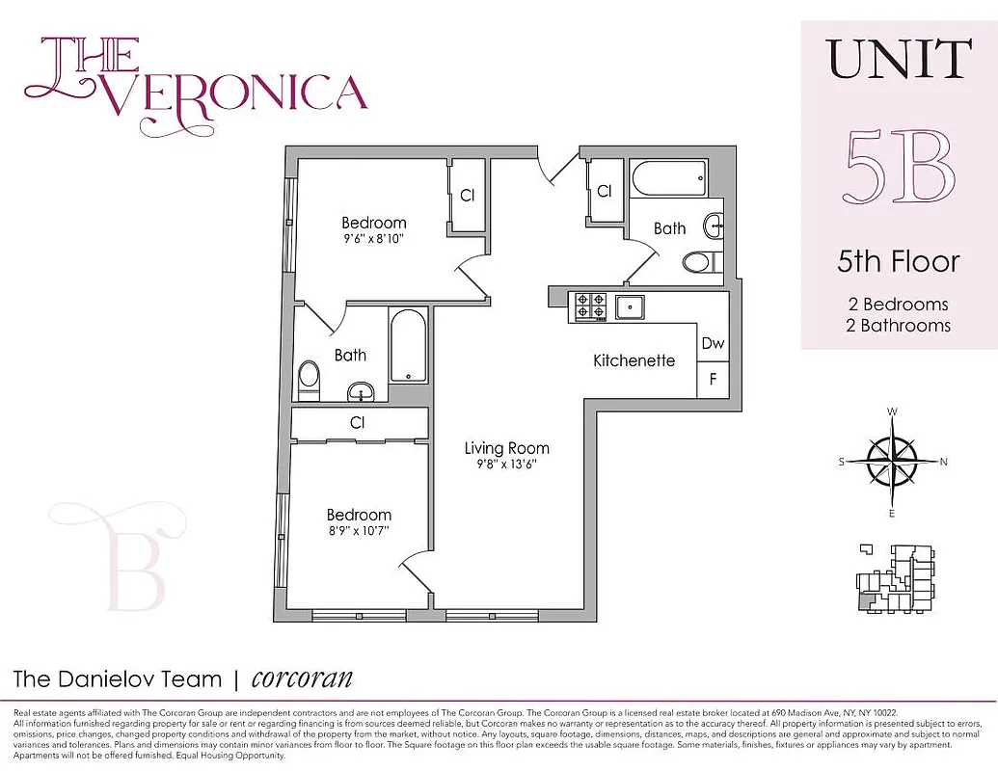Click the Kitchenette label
[634, 360]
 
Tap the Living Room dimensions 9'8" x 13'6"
[506, 464]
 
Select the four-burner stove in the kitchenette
[590, 306]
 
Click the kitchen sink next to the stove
[632, 306]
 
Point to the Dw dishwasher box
[713, 343]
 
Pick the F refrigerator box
[713, 379]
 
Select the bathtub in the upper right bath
[668, 178]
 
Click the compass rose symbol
[892, 462]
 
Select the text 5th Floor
[899, 261]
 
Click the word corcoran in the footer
[302, 678]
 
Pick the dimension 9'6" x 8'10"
[373, 240]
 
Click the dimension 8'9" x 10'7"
[358, 531]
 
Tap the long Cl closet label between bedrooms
[357, 422]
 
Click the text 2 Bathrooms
[899, 325]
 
